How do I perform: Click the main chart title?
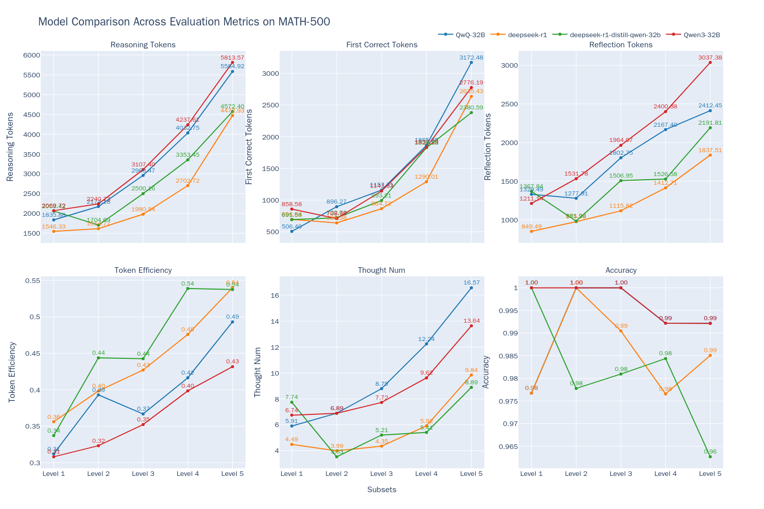coord(184,22)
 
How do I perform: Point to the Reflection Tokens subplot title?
coord(620,45)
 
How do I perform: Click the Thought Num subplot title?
coord(381,270)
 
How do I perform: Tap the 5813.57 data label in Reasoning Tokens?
coord(232,58)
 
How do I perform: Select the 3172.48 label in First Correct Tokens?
coord(471,58)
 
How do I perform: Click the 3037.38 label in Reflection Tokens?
coord(710,58)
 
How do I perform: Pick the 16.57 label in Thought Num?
coord(471,282)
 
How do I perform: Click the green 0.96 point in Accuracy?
coord(710,457)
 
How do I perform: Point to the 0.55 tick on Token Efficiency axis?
coord(33,280)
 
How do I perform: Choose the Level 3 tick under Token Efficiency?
coord(143,474)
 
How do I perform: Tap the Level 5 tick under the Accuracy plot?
coord(710,474)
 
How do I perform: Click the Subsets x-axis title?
coord(381,490)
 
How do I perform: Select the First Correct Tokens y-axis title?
coord(249,147)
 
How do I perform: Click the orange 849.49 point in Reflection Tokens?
coord(531,232)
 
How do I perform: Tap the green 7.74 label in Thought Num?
coord(292,397)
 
